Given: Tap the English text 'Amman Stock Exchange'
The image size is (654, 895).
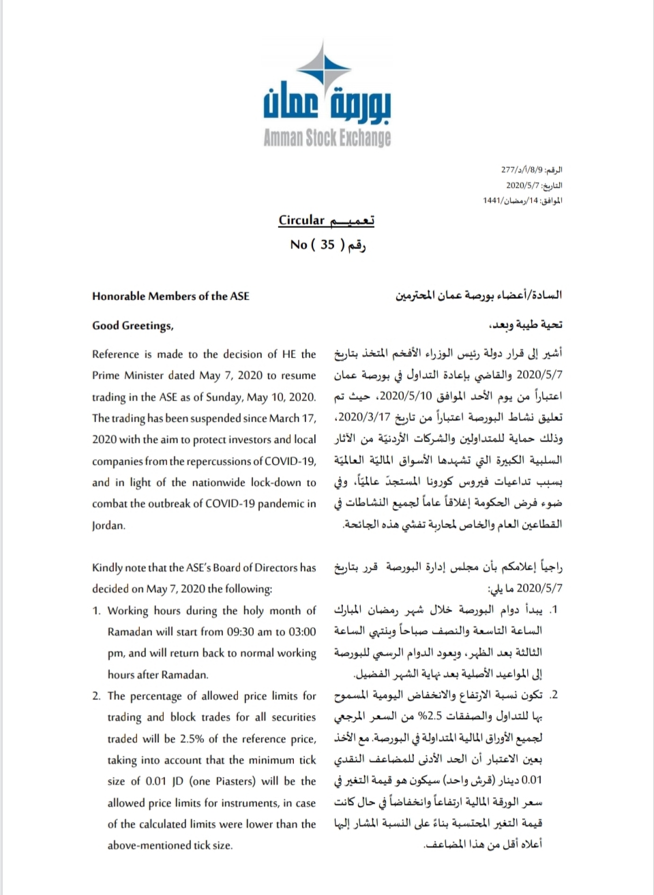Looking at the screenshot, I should tap(327, 138).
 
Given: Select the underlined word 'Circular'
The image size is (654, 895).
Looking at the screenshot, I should tap(301, 220).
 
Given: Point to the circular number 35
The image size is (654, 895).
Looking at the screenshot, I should tap(327, 244).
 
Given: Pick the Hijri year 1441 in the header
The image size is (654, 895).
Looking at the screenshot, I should tap(492, 200).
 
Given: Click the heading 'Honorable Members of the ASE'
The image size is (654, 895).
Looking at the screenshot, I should tap(170, 296).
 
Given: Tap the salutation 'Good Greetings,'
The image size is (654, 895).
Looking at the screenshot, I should tap(133, 325).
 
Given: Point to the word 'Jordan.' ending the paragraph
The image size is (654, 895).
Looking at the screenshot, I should tap(109, 525).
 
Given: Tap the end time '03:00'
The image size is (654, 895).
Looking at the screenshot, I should tap(302, 632).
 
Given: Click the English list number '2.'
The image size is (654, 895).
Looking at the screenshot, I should tap(97, 696).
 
